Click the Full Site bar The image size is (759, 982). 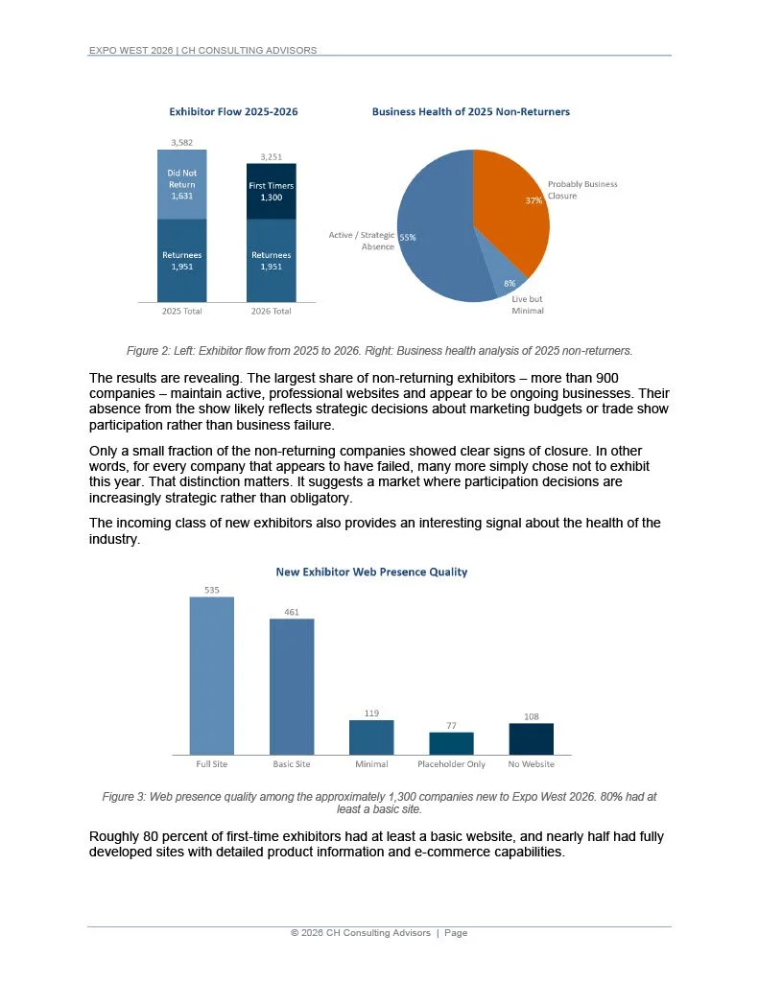pyautogui.click(x=211, y=675)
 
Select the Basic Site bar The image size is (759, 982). pyautogui.click(x=291, y=686)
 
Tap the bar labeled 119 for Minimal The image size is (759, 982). pyautogui.click(x=370, y=736)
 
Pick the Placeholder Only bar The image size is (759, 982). pyautogui.click(x=451, y=743)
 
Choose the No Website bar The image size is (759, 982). pyautogui.click(x=531, y=738)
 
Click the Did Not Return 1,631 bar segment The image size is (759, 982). pyautogui.click(x=181, y=184)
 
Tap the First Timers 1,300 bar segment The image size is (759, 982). pyautogui.click(x=271, y=190)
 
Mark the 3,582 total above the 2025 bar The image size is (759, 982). pyautogui.click(x=181, y=143)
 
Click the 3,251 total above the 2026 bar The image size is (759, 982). pyautogui.click(x=271, y=156)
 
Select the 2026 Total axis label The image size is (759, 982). pyautogui.click(x=271, y=311)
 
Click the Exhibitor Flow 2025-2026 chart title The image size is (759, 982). pyautogui.click(x=233, y=112)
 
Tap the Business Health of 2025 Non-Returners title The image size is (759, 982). pyautogui.click(x=470, y=112)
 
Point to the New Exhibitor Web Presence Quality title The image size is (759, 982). pyautogui.click(x=371, y=573)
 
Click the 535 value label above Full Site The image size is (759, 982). pyautogui.click(x=211, y=590)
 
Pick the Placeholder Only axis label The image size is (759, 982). pyautogui.click(x=451, y=764)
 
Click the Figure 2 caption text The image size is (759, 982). pyautogui.click(x=379, y=349)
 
